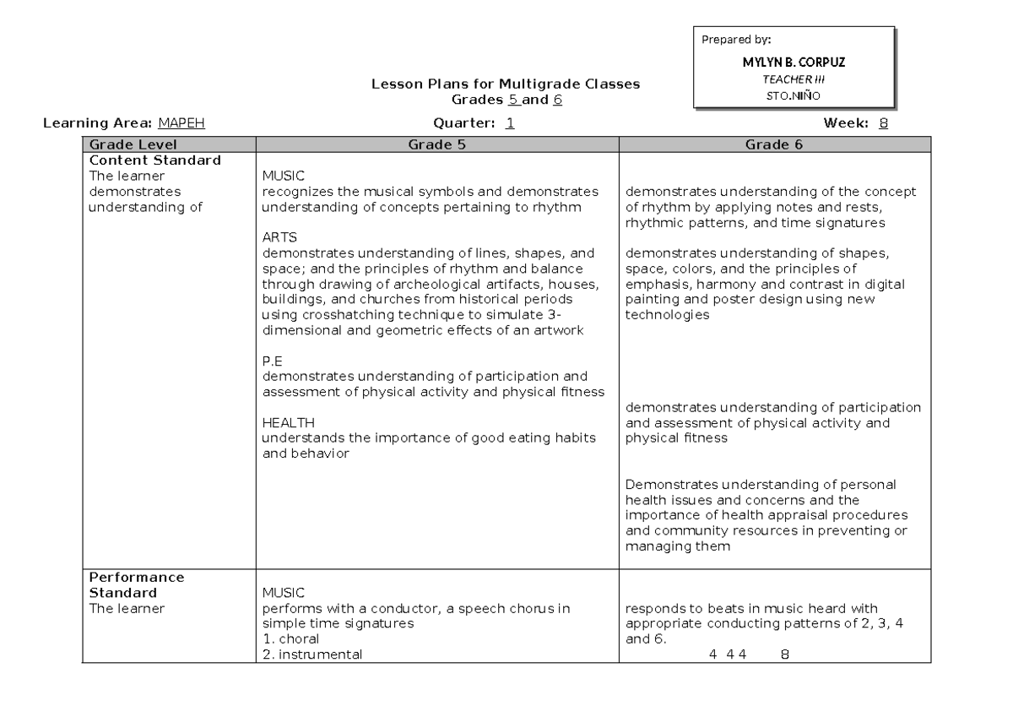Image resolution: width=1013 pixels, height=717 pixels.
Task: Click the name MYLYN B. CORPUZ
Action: pos(794,63)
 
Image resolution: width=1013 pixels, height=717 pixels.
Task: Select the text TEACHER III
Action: pos(793,79)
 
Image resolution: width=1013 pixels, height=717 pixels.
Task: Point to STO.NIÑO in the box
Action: pos(793,94)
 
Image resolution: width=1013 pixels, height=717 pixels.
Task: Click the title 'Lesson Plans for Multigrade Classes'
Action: pos(506,84)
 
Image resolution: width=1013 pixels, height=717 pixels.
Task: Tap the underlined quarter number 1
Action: pos(510,123)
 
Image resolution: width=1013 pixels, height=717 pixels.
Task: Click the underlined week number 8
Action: pos(883,123)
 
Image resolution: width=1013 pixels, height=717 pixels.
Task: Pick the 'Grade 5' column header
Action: pos(437,145)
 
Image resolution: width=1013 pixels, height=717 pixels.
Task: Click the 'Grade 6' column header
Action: pos(773,145)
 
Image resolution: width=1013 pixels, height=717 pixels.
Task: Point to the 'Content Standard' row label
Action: pos(155,160)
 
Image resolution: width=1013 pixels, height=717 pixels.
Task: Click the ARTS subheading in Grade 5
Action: pos(279,237)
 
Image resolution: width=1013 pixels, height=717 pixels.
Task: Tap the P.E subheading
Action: pos(273,361)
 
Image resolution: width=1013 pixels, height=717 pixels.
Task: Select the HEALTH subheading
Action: pos(288,422)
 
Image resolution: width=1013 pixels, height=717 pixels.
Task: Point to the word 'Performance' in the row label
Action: pos(137,578)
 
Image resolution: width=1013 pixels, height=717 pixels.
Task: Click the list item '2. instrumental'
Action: pos(312,654)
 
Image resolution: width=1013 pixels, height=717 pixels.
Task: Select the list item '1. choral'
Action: pos(290,639)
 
